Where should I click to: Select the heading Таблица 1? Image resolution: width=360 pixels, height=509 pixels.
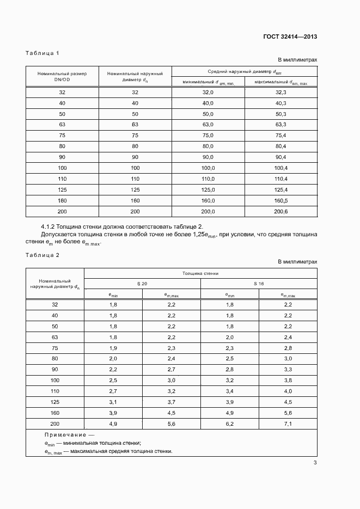pyautogui.click(x=42, y=53)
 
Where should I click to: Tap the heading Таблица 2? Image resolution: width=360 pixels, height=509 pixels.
pyautogui.click(x=42, y=255)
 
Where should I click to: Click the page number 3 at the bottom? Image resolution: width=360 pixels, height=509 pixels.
pyautogui.click(x=315, y=463)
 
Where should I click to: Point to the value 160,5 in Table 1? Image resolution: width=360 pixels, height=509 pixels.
pyautogui.click(x=280, y=200)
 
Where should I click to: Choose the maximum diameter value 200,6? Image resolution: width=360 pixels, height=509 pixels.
pyautogui.click(x=280, y=211)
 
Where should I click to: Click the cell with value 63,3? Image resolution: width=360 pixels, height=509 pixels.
pyautogui.click(x=280, y=125)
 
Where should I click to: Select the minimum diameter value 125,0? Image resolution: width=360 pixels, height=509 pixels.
pyautogui.click(x=209, y=189)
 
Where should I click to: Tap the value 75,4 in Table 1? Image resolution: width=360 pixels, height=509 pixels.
pyautogui.click(x=280, y=136)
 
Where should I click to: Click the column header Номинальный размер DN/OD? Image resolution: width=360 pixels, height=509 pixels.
pyautogui.click(x=62, y=76)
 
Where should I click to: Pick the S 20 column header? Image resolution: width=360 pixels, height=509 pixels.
pyautogui.click(x=142, y=284)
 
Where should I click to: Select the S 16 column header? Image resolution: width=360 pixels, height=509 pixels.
pyautogui.click(x=259, y=284)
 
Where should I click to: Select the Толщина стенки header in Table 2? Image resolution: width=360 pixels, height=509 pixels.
pyautogui.click(x=200, y=273)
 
